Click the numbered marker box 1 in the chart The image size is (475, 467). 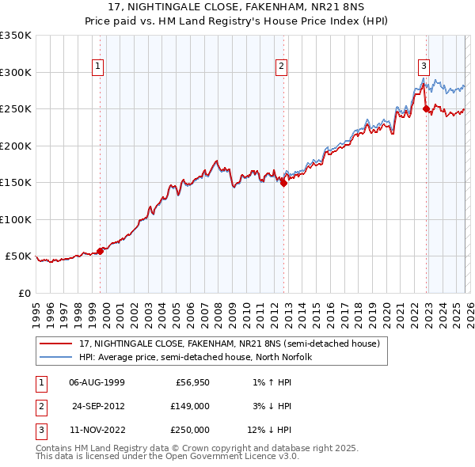click(98, 66)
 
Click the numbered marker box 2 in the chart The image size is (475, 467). click(280, 66)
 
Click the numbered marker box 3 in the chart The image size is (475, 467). click(424, 66)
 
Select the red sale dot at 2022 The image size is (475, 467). click(426, 108)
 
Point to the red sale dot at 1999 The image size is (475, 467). click(100, 251)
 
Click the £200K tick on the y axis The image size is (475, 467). click(16, 146)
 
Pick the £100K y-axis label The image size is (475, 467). click(16, 219)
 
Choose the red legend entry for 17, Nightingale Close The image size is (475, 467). click(230, 344)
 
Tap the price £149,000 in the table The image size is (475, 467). click(191, 405)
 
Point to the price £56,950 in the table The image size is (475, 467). click(191, 382)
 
